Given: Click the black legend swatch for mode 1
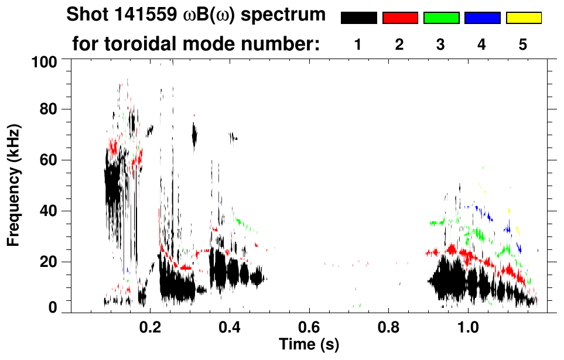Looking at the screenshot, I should tap(358, 18).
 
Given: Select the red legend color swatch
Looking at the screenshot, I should tap(399, 18).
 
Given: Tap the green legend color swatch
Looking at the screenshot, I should tap(440, 18).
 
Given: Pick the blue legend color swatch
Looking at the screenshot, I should tap(482, 18).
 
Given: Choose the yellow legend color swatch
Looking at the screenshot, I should tap(523, 18).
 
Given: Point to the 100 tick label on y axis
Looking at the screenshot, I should tap(45, 61).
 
